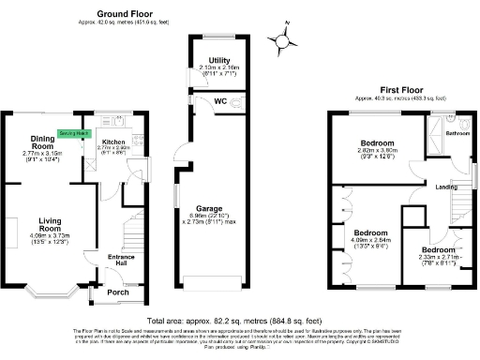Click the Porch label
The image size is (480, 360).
[x=119, y=292]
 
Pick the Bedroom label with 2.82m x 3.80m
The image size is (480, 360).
[x=378, y=142]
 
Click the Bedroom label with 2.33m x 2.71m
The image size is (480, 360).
[x=438, y=250]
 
